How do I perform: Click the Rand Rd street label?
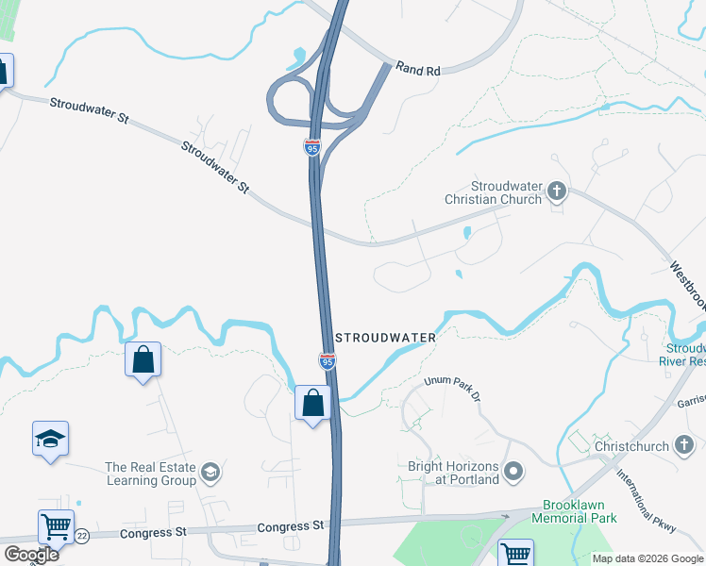[x=419, y=69]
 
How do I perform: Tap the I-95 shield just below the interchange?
[x=312, y=147]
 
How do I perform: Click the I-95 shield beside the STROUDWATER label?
[x=327, y=360]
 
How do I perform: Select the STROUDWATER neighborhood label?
[x=386, y=338]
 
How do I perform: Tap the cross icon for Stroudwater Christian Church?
[x=557, y=192]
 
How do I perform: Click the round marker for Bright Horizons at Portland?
[x=514, y=470]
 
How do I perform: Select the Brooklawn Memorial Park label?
[x=574, y=511]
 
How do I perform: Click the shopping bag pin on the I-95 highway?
[x=312, y=403]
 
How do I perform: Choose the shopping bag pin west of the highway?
[x=143, y=359]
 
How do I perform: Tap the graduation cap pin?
[x=50, y=439]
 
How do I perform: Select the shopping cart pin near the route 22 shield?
[x=56, y=526]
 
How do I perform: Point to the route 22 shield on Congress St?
[x=82, y=535]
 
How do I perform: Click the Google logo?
[x=31, y=554]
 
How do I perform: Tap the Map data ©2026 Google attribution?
[x=647, y=558]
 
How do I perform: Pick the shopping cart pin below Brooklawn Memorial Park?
[x=515, y=553]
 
